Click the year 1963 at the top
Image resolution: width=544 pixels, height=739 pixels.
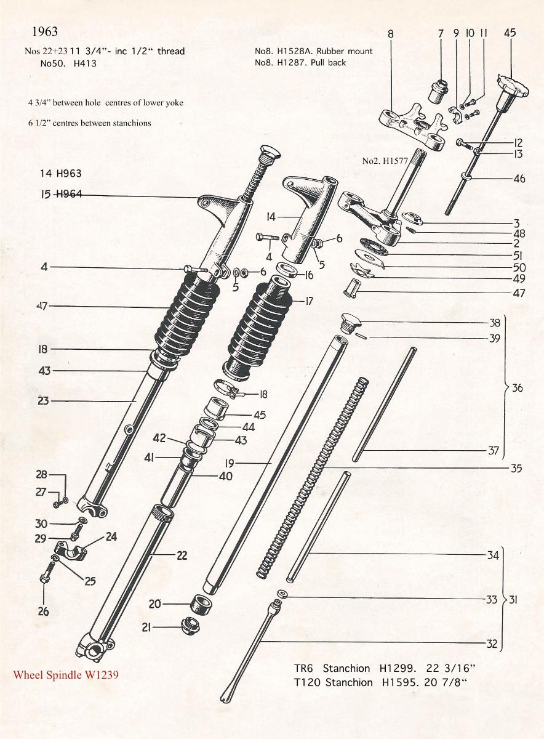point(45,31)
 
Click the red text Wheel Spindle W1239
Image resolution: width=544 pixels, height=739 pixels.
point(66,675)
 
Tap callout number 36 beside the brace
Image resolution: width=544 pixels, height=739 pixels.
point(518,387)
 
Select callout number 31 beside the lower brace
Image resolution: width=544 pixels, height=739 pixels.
point(513,599)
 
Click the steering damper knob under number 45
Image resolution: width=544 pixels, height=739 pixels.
point(511,87)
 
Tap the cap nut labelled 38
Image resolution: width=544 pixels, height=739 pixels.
point(351,322)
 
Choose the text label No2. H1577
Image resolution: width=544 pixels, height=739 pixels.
point(385,161)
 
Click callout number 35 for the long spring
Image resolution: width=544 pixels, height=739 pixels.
point(517,468)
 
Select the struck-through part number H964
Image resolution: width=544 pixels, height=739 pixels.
point(70,193)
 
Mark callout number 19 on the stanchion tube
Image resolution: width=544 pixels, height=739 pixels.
point(230,464)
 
